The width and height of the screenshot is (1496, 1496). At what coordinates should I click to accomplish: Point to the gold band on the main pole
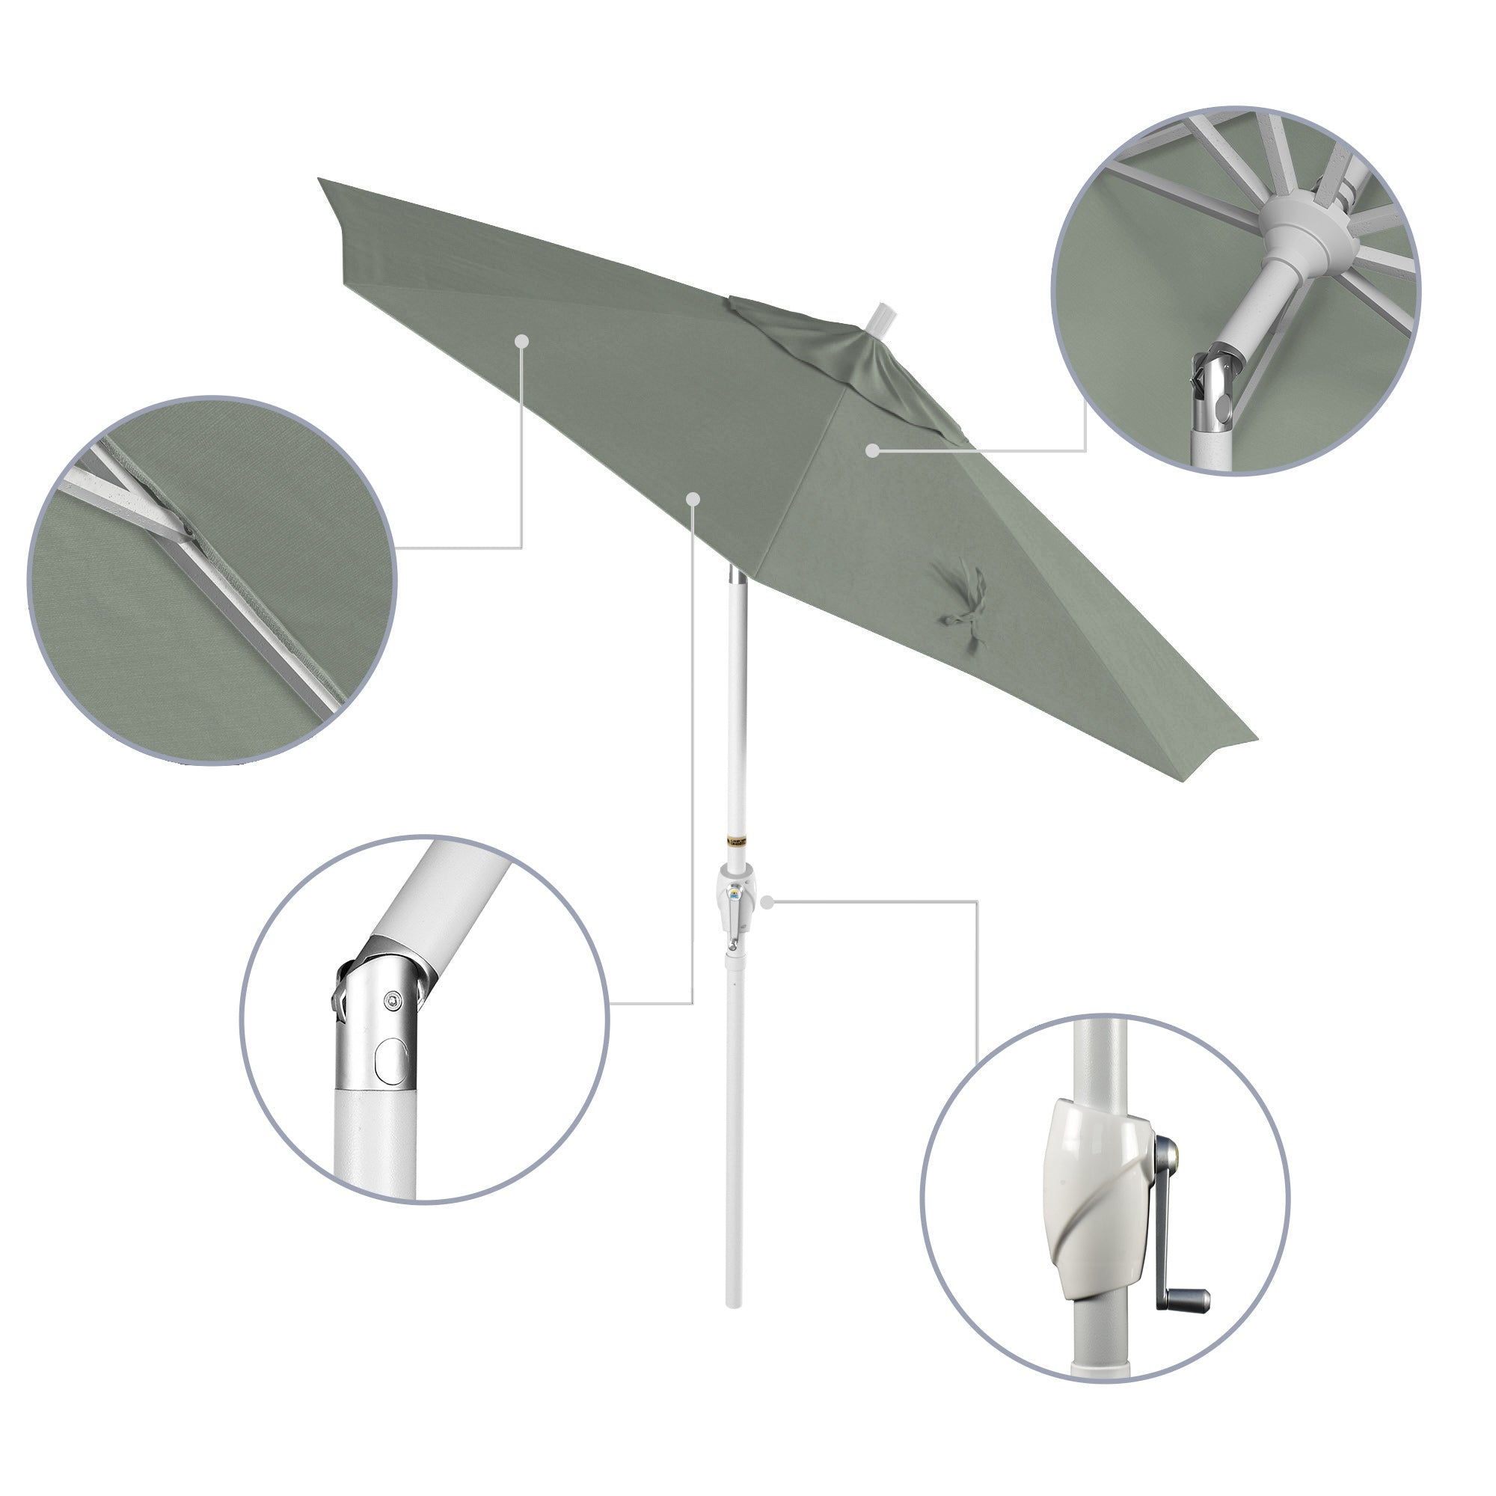[x=736, y=840]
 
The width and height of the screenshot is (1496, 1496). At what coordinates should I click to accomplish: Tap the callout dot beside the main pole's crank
[x=767, y=901]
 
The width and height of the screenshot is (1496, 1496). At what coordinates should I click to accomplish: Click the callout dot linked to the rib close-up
[x=522, y=340]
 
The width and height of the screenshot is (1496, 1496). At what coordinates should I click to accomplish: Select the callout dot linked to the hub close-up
[x=873, y=450]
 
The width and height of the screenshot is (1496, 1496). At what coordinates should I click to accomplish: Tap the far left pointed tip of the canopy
[x=320, y=180]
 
